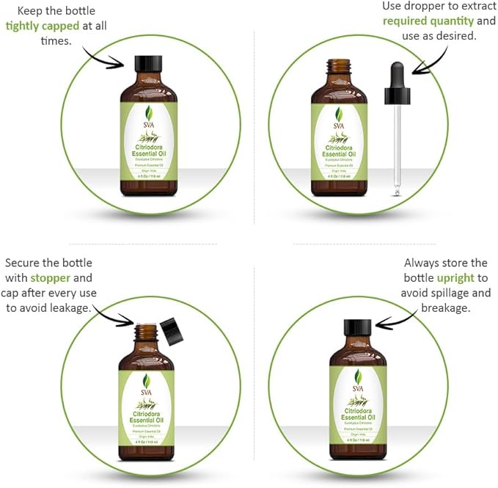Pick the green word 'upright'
455,278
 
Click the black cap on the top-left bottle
148,63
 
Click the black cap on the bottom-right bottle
357,328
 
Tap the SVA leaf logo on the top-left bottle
148,114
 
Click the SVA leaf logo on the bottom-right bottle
358,378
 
